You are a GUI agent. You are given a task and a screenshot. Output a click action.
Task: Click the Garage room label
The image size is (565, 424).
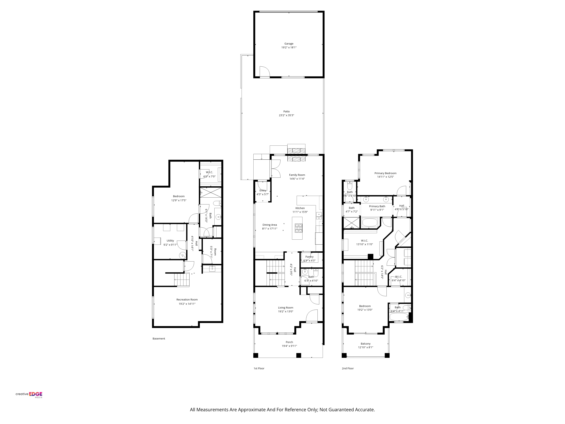pos(289,44)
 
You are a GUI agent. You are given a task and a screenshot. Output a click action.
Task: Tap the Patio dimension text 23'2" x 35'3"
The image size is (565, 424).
pos(287,115)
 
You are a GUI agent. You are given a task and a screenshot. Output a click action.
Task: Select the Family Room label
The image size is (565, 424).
pos(297,175)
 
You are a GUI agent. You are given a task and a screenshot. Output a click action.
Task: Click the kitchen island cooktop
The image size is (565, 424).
pos(298,228)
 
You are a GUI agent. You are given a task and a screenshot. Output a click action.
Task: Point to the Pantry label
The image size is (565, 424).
pos(309,257)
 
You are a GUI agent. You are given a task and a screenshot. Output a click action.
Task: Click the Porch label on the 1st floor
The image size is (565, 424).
pos(289,342)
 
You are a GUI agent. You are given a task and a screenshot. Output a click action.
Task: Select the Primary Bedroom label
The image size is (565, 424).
pos(385,173)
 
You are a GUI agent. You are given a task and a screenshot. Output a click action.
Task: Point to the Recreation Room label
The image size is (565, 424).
pos(187,299)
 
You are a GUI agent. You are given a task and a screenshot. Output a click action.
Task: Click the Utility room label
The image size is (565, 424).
pos(170,241)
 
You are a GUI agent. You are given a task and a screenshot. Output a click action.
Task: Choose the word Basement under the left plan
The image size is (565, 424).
pos(159,339)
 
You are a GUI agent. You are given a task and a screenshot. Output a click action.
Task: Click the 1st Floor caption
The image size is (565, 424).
pos(259,368)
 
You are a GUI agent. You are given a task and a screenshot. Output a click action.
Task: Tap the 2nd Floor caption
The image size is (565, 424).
pos(348,368)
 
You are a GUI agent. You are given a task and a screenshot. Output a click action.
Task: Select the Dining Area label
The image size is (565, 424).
pos(270,225)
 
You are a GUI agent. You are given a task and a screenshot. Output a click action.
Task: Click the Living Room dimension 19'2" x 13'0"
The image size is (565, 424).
pos(286,311)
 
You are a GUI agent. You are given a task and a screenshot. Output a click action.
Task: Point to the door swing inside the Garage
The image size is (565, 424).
pos(265,71)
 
